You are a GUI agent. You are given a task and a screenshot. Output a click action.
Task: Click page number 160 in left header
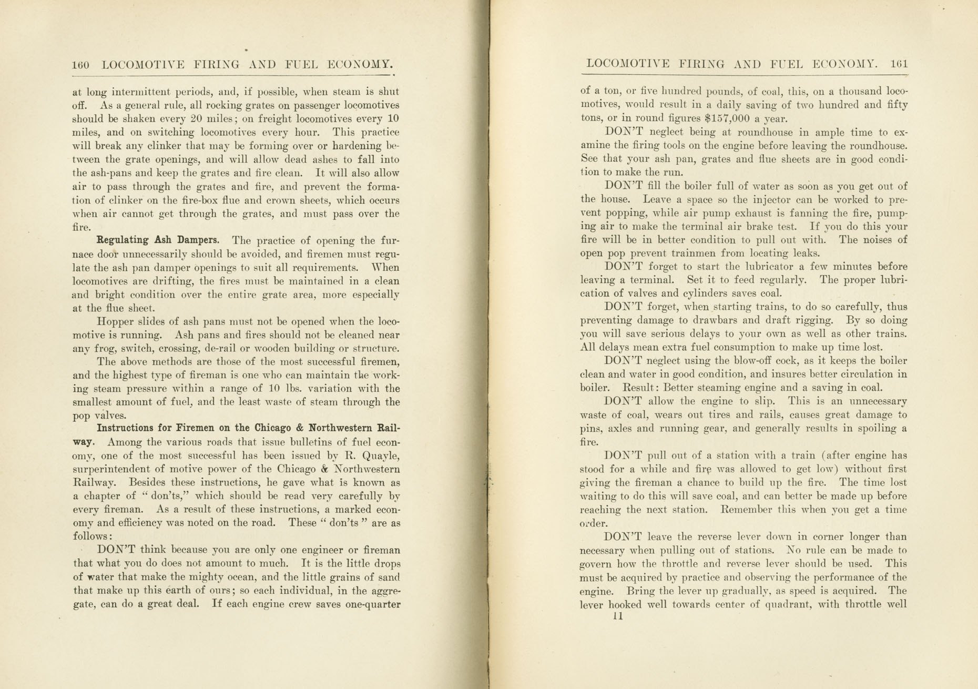(x=80, y=65)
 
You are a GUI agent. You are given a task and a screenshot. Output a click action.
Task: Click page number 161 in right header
(x=899, y=64)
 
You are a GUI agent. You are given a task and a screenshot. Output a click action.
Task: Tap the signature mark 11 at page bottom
(x=618, y=616)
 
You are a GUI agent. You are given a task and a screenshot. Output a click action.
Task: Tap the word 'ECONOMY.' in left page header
(x=360, y=65)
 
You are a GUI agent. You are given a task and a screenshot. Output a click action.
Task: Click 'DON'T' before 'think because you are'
(x=117, y=550)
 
